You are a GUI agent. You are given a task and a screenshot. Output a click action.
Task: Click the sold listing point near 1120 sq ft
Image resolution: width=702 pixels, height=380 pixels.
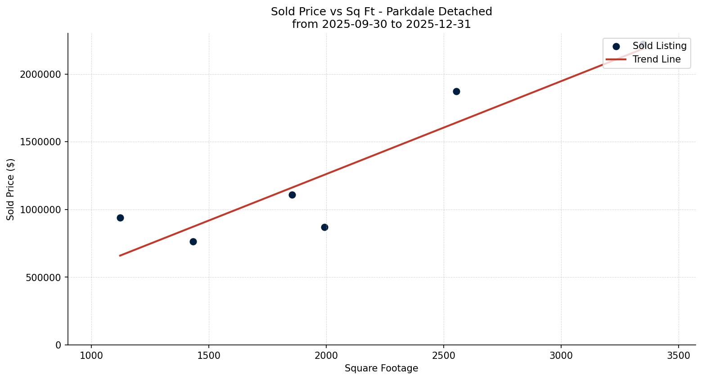(x=120, y=218)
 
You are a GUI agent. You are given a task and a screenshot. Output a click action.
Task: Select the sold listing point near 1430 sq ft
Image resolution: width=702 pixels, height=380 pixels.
(x=193, y=241)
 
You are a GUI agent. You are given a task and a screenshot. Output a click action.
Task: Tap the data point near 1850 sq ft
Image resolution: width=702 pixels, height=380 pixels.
(x=292, y=195)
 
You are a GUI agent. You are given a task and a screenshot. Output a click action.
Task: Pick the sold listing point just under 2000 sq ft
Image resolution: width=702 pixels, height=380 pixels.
(x=324, y=227)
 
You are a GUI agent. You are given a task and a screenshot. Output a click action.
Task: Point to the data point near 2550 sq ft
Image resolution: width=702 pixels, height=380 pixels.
(x=456, y=91)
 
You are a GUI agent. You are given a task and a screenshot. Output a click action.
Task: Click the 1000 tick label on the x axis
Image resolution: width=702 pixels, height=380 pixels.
(x=91, y=356)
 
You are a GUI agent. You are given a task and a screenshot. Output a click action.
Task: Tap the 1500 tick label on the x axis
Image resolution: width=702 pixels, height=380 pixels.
(x=209, y=356)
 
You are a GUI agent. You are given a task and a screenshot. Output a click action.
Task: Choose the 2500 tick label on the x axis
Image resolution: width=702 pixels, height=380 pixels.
(x=444, y=356)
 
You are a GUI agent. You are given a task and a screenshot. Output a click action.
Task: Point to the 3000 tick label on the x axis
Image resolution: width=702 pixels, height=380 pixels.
(x=561, y=356)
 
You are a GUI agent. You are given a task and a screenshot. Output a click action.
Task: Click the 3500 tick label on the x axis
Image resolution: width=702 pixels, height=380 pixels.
(x=679, y=356)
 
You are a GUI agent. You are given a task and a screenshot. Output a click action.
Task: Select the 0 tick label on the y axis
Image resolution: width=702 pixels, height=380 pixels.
(x=58, y=345)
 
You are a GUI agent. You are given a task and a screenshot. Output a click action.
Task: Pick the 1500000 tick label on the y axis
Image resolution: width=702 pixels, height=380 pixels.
(x=40, y=142)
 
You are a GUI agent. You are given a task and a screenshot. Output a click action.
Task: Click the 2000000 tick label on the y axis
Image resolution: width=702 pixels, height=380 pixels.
(x=40, y=74)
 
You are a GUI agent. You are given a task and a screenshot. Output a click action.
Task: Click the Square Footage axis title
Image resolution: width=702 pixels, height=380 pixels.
(x=381, y=369)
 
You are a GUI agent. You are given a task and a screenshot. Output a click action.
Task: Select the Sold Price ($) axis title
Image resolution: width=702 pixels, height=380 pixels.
(x=11, y=189)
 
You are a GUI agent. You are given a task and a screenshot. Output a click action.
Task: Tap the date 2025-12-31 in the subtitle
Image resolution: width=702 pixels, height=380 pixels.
(x=438, y=24)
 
